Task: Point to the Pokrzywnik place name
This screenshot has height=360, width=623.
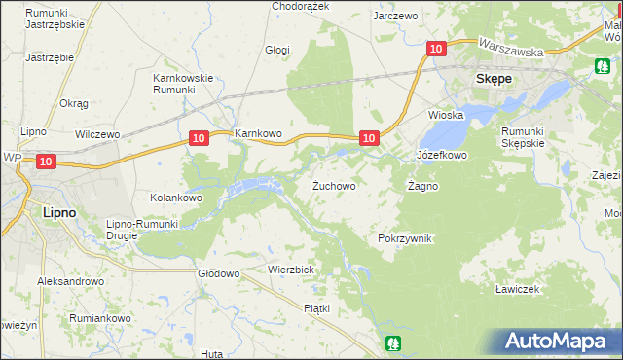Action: coord(404,238)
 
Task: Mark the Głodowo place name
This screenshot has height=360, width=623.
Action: coord(218,273)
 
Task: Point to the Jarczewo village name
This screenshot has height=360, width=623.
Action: coord(395,17)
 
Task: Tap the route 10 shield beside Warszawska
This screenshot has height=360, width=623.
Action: coord(435,48)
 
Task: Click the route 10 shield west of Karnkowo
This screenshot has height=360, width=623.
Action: coord(198,139)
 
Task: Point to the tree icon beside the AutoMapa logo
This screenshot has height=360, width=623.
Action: coord(392,342)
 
